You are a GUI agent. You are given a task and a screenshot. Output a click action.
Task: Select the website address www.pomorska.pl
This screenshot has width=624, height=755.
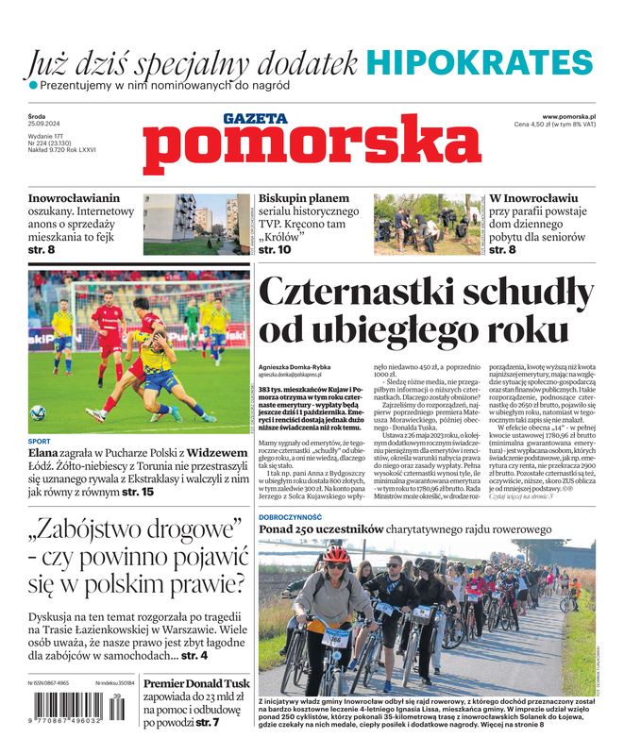click(575, 115)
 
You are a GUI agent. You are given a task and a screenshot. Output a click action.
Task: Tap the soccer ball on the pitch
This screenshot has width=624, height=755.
click(38, 412)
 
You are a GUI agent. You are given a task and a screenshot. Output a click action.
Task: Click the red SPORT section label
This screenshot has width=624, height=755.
click(40, 441)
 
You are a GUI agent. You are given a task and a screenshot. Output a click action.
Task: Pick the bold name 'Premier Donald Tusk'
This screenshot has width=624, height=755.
click(196, 684)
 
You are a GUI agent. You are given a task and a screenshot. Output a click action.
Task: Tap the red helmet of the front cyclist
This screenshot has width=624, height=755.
click(335, 554)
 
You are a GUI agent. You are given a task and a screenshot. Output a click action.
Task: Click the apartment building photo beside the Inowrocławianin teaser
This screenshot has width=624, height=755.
click(196, 224)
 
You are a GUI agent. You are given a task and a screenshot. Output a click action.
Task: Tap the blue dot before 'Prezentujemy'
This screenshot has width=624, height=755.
click(33, 86)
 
